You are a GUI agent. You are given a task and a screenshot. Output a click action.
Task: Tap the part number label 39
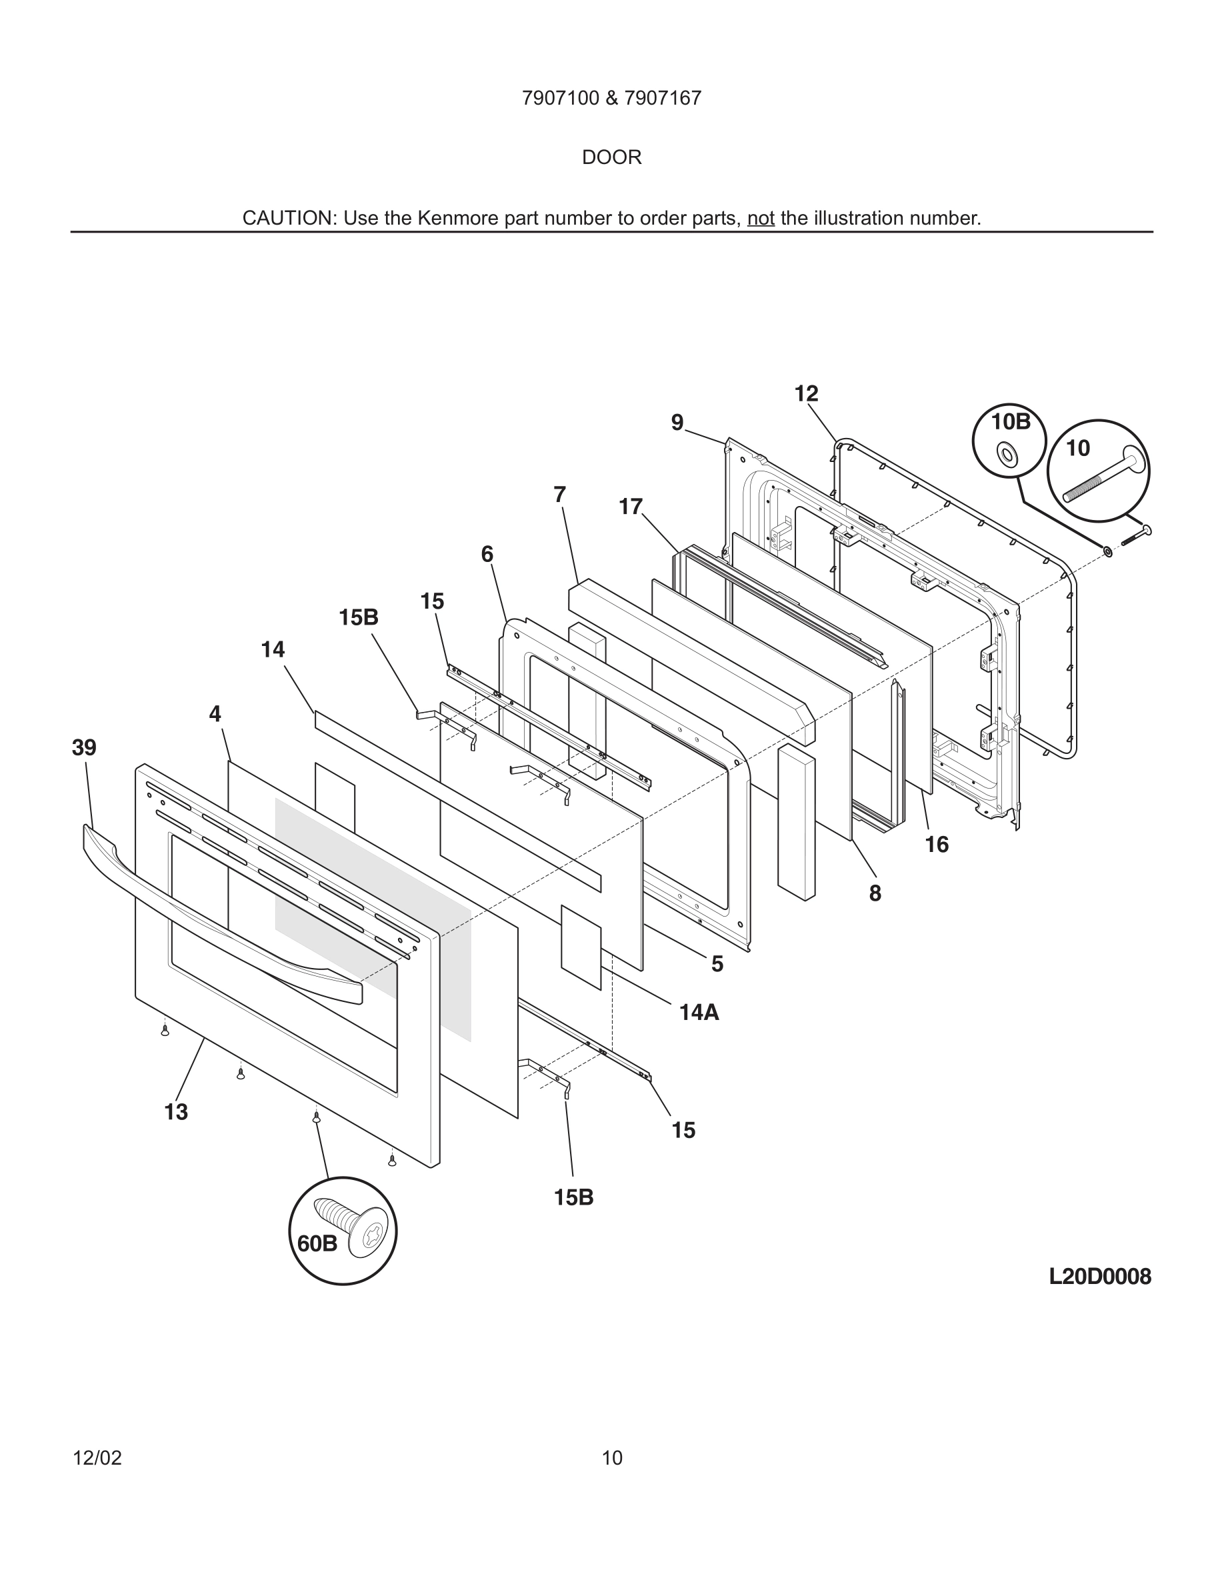coord(84,747)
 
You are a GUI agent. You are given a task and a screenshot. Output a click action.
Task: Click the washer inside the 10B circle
coord(1008,455)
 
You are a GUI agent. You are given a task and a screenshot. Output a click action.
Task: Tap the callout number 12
coord(806,394)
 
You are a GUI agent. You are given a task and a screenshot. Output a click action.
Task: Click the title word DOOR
coord(611,157)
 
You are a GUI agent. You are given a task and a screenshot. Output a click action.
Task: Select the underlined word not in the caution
coord(761,218)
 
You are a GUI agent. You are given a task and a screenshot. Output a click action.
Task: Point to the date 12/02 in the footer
coord(97,1458)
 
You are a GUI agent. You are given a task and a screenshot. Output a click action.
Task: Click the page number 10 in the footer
coord(612,1458)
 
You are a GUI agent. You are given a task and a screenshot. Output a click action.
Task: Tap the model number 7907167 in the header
coord(663,98)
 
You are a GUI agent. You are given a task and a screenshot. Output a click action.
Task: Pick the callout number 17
coord(631,506)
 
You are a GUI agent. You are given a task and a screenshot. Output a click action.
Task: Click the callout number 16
coord(937,844)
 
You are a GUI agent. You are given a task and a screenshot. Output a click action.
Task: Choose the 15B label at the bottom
coord(573,1197)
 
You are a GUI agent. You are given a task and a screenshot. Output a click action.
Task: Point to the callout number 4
coord(215,715)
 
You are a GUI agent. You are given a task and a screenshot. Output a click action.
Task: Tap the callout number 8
coord(875,893)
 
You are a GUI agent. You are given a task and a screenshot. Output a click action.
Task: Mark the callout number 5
coord(717,964)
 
